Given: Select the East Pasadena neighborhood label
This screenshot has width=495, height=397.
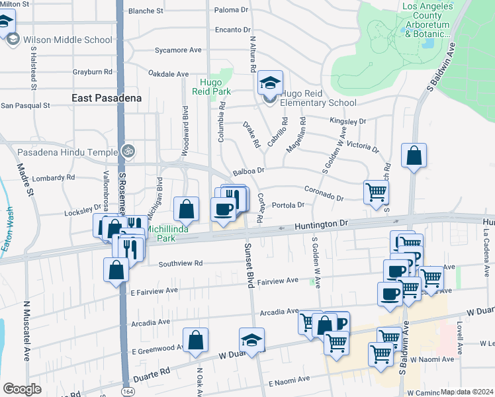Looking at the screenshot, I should [x=107, y=98].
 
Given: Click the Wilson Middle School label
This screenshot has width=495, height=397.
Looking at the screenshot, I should [x=67, y=40].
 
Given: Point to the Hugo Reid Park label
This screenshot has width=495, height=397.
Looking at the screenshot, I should [x=210, y=87].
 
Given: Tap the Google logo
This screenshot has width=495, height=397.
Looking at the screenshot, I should [x=22, y=389].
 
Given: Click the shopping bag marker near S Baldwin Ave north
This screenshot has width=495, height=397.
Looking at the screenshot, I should [x=414, y=156].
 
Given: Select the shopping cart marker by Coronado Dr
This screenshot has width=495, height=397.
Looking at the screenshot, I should [x=376, y=193].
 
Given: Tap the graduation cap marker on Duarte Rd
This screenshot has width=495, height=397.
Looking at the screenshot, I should [x=251, y=341].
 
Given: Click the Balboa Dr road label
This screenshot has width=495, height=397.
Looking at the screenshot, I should [x=248, y=171].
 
